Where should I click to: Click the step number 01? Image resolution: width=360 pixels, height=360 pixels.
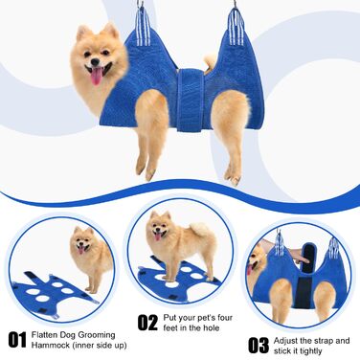(17, 340)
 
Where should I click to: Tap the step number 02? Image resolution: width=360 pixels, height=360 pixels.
(147, 323)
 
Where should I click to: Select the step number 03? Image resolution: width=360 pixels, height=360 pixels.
(259, 346)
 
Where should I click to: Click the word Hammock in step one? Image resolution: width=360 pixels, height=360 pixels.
(47, 345)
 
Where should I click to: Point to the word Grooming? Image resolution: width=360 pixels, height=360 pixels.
(97, 335)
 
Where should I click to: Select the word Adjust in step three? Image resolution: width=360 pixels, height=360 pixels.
(284, 341)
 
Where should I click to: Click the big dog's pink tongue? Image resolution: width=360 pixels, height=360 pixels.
(97, 77)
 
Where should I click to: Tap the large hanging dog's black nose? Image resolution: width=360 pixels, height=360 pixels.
(95, 60)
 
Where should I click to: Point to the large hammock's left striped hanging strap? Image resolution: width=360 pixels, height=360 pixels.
(143, 26)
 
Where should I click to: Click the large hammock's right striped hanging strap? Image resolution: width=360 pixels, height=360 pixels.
(236, 26)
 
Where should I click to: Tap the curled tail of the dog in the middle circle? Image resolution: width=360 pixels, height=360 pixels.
(200, 230)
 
